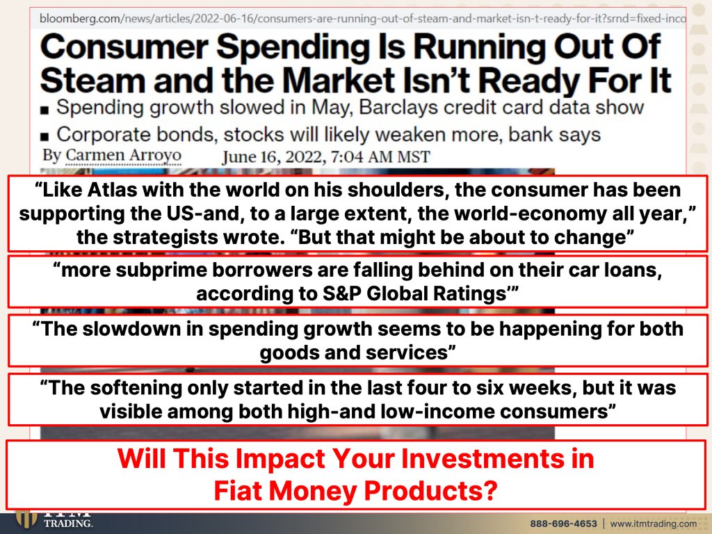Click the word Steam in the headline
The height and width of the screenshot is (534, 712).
tap(92, 81)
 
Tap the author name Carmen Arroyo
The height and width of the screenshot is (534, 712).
tap(124, 156)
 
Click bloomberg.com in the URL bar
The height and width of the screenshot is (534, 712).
tap(79, 19)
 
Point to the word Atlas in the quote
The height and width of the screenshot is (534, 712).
tap(112, 190)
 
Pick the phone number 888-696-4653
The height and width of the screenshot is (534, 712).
tap(563, 524)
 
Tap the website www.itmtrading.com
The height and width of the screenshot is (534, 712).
tap(654, 524)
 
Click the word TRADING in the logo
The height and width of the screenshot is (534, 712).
tap(68, 524)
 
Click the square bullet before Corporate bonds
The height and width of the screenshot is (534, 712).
tap(44, 136)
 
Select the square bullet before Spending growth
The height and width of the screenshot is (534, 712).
tap(44, 109)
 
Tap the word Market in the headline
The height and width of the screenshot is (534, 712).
tap(339, 81)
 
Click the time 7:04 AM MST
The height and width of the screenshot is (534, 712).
tap(380, 158)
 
